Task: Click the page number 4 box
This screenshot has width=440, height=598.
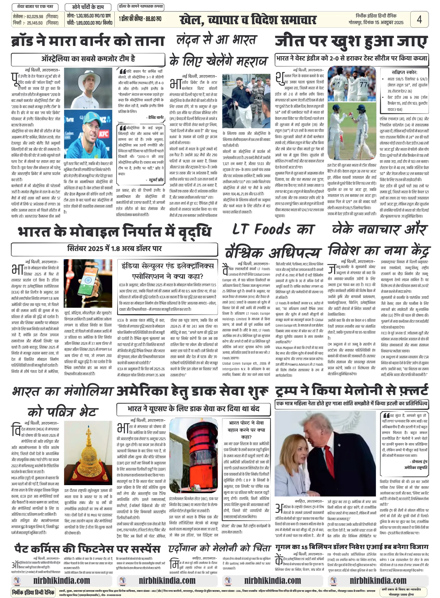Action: pyautogui.click(x=419, y=19)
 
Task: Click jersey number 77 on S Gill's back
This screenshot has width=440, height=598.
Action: pyautogui.click(x=363, y=85)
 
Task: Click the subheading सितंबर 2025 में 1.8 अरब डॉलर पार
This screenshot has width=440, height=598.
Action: pyautogui.click(x=114, y=249)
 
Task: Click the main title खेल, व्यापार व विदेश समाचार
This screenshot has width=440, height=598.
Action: pyautogui.click(x=248, y=20)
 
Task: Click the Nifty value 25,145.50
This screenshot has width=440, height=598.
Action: pyautogui.click(x=35, y=23)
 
